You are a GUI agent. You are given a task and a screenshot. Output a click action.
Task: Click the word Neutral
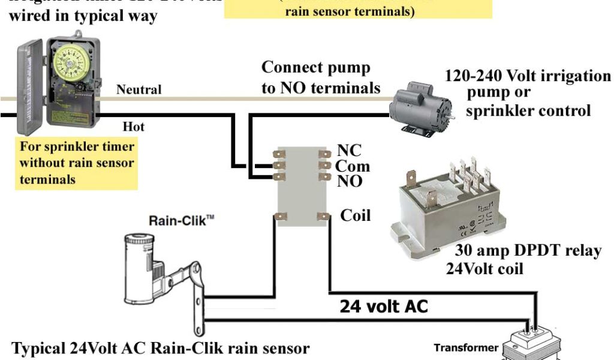tap(139, 90)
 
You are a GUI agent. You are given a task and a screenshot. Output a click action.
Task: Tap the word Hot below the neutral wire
tap(133, 127)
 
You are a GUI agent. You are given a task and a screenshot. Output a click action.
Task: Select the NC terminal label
tap(350, 151)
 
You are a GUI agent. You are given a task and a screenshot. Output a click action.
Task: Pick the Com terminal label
tap(352, 166)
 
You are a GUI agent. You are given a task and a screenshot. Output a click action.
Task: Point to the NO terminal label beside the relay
tap(350, 181)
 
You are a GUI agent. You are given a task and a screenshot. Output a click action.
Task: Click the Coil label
tap(355, 215)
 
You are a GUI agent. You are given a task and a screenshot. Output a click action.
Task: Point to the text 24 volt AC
tap(384, 307)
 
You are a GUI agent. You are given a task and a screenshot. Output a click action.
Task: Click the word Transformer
tap(466, 348)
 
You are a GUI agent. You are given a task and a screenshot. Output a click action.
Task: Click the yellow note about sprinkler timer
tap(77, 163)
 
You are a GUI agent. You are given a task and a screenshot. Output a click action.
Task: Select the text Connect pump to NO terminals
tap(321, 77)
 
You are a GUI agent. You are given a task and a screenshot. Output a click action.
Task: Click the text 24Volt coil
tap(484, 268)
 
